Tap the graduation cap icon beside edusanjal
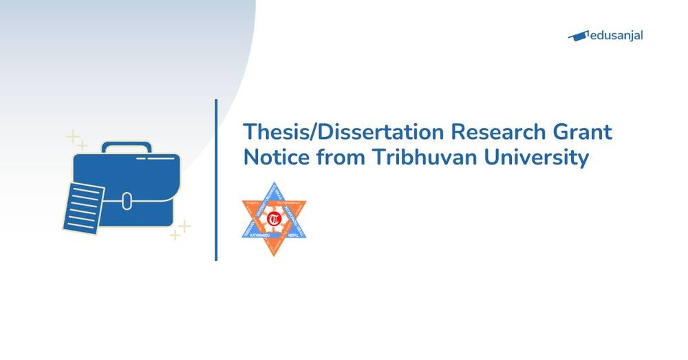(579, 36)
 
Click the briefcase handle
(127, 147)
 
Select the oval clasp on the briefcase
(127, 200)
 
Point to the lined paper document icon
(83, 206)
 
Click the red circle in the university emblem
(274, 220)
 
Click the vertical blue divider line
(216, 180)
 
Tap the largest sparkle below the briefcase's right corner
(184, 226)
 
